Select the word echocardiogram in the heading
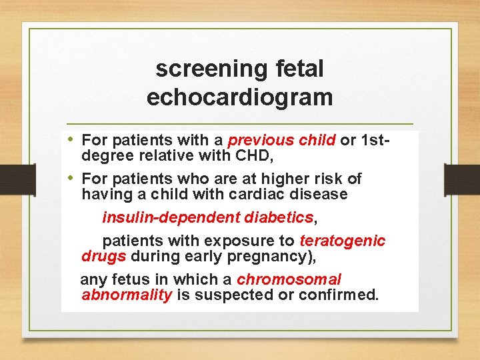pos(239,97)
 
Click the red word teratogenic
pos(343,241)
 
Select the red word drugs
pos(104,256)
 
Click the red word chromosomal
pos(289,279)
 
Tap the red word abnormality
pos(127,295)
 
